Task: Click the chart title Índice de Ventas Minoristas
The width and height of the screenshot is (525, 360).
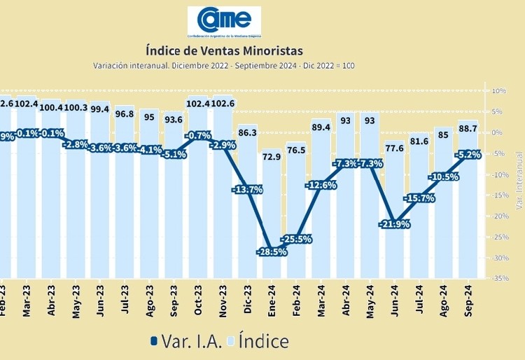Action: pos(225,50)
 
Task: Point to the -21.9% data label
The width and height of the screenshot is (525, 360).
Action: pos(393,224)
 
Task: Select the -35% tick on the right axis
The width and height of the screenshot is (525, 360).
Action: pos(500,279)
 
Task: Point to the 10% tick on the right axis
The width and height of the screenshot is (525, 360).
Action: pos(500,91)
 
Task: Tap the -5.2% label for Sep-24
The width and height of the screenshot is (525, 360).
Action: pos(467,155)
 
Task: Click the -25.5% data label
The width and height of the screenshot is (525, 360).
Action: pos(297,239)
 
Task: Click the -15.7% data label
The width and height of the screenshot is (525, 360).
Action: pos(419,198)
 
